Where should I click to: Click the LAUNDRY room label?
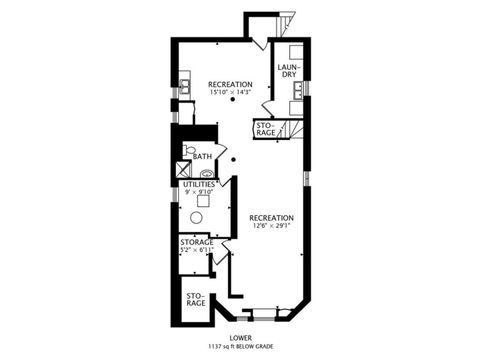coord(288,71)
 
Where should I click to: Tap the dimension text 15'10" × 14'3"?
coord(229,92)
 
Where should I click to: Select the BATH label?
coord(202,156)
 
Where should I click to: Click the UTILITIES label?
coord(199,184)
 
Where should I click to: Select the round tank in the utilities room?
coord(197,218)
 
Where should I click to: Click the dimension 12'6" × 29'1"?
coord(271,225)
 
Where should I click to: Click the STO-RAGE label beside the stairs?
coord(267,128)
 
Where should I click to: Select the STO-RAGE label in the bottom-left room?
coord(196,300)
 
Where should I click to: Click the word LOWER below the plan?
coord(240,338)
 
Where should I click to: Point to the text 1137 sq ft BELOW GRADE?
coord(240,347)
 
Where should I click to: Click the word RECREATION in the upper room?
coord(229,84)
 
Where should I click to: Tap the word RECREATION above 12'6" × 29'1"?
coord(271,217)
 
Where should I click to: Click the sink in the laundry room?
coord(297,93)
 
